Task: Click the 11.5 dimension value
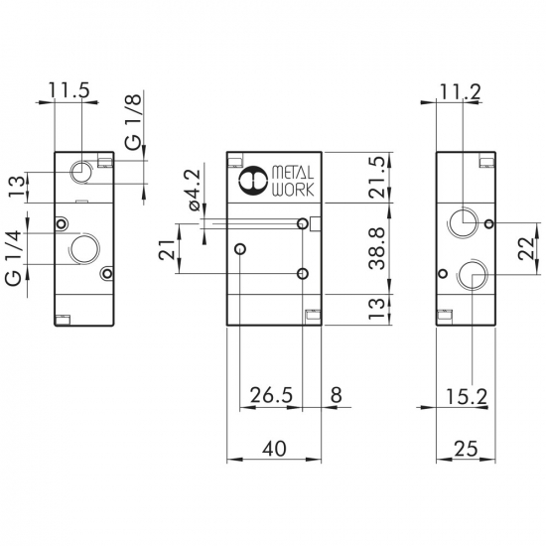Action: [68, 90]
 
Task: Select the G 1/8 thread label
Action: [134, 122]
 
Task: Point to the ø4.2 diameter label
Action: [195, 190]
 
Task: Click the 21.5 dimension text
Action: [378, 178]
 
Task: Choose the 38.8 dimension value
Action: [377, 248]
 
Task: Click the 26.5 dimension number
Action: [272, 395]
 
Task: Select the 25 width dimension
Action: [467, 448]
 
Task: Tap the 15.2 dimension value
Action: [467, 397]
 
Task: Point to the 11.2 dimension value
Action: [461, 91]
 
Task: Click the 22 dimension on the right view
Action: [526, 248]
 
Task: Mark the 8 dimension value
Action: [336, 395]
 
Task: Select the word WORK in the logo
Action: [293, 190]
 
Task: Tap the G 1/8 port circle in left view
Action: [81, 172]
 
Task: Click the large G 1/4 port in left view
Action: [85, 248]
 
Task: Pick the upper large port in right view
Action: [464, 221]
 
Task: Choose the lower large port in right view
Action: [472, 274]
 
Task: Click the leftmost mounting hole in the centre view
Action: [240, 248]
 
